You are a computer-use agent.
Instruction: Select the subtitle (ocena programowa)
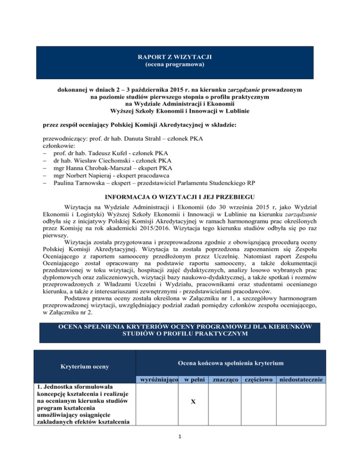point(180,64)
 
